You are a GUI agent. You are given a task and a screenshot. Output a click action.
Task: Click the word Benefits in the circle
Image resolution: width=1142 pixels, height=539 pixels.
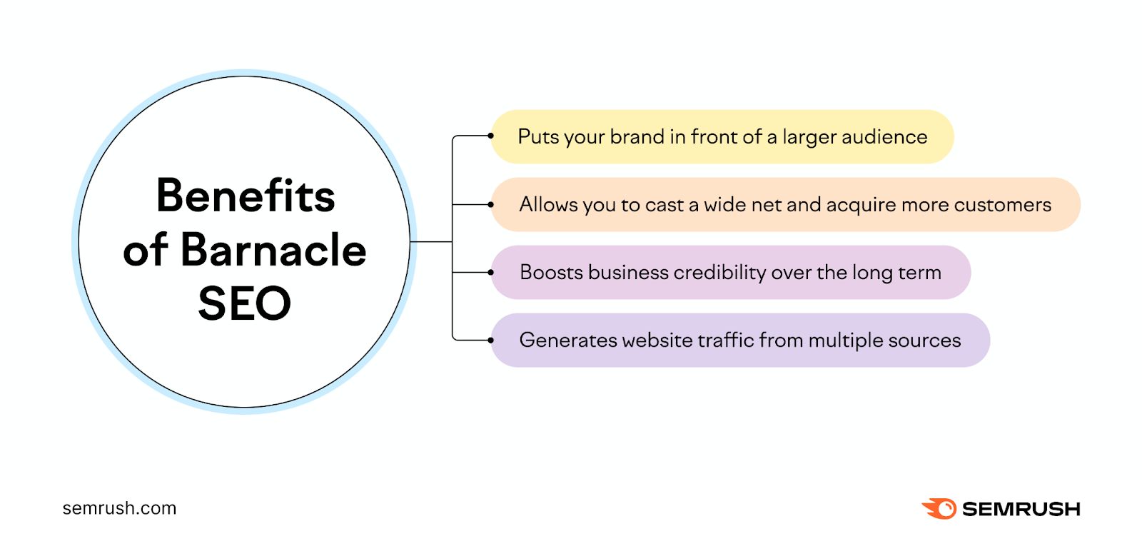(x=246, y=196)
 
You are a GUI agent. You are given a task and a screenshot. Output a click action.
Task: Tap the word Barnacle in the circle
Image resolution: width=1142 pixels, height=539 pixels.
(x=273, y=250)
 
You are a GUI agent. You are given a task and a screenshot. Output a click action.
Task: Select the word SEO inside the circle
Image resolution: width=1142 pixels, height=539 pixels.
(x=245, y=303)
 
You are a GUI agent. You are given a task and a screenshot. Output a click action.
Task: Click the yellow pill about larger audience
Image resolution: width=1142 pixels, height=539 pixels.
(x=722, y=136)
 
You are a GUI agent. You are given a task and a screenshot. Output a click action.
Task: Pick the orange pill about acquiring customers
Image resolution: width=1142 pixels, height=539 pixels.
(x=785, y=205)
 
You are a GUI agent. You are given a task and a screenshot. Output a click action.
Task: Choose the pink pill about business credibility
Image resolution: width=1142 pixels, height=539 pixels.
(x=730, y=272)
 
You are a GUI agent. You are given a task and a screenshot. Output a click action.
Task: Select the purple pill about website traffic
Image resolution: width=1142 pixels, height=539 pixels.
(x=740, y=341)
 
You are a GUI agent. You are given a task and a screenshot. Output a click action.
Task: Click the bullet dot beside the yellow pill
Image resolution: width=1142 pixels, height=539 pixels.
(x=491, y=136)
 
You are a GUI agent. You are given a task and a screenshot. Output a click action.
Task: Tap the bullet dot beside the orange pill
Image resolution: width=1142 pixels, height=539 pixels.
(x=491, y=205)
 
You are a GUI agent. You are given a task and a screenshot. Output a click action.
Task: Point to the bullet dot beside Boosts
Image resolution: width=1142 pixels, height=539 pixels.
(x=491, y=272)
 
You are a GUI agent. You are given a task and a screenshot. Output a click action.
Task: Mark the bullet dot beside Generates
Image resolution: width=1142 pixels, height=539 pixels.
(x=491, y=341)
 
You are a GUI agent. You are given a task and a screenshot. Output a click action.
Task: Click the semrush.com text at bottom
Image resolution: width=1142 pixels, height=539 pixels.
(x=119, y=508)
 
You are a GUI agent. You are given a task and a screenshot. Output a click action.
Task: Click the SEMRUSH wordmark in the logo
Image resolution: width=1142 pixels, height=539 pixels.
(x=1021, y=509)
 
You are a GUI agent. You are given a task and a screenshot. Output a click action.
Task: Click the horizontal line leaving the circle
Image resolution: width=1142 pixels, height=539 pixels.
(x=431, y=242)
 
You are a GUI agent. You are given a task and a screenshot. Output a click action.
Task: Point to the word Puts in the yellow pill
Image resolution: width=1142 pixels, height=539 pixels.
(x=538, y=136)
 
